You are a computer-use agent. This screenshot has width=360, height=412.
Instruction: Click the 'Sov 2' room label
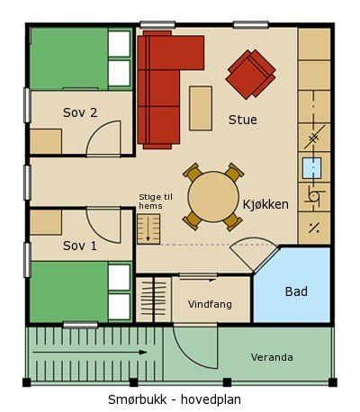80,112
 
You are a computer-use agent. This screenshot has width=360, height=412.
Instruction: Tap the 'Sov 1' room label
80,246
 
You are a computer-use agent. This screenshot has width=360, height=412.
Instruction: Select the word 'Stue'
243,120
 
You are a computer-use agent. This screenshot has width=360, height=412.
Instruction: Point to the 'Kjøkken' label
265,204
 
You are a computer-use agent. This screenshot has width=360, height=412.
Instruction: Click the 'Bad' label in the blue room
296,291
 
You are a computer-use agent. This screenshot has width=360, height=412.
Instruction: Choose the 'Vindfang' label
210,304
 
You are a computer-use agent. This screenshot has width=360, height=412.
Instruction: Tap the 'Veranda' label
272,357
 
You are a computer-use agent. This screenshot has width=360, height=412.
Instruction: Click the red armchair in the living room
250,74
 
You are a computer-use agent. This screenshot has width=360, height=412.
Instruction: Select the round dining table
213,197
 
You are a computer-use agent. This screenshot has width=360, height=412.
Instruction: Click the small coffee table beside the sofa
201,108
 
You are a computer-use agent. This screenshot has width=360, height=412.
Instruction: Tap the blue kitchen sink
311,168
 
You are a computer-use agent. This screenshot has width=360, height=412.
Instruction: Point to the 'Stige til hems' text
156,202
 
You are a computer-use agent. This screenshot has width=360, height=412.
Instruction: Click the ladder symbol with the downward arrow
148,228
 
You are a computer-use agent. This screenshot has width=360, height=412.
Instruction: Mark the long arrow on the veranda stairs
89,353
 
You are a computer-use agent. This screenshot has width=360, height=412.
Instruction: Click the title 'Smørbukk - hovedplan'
175,399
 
